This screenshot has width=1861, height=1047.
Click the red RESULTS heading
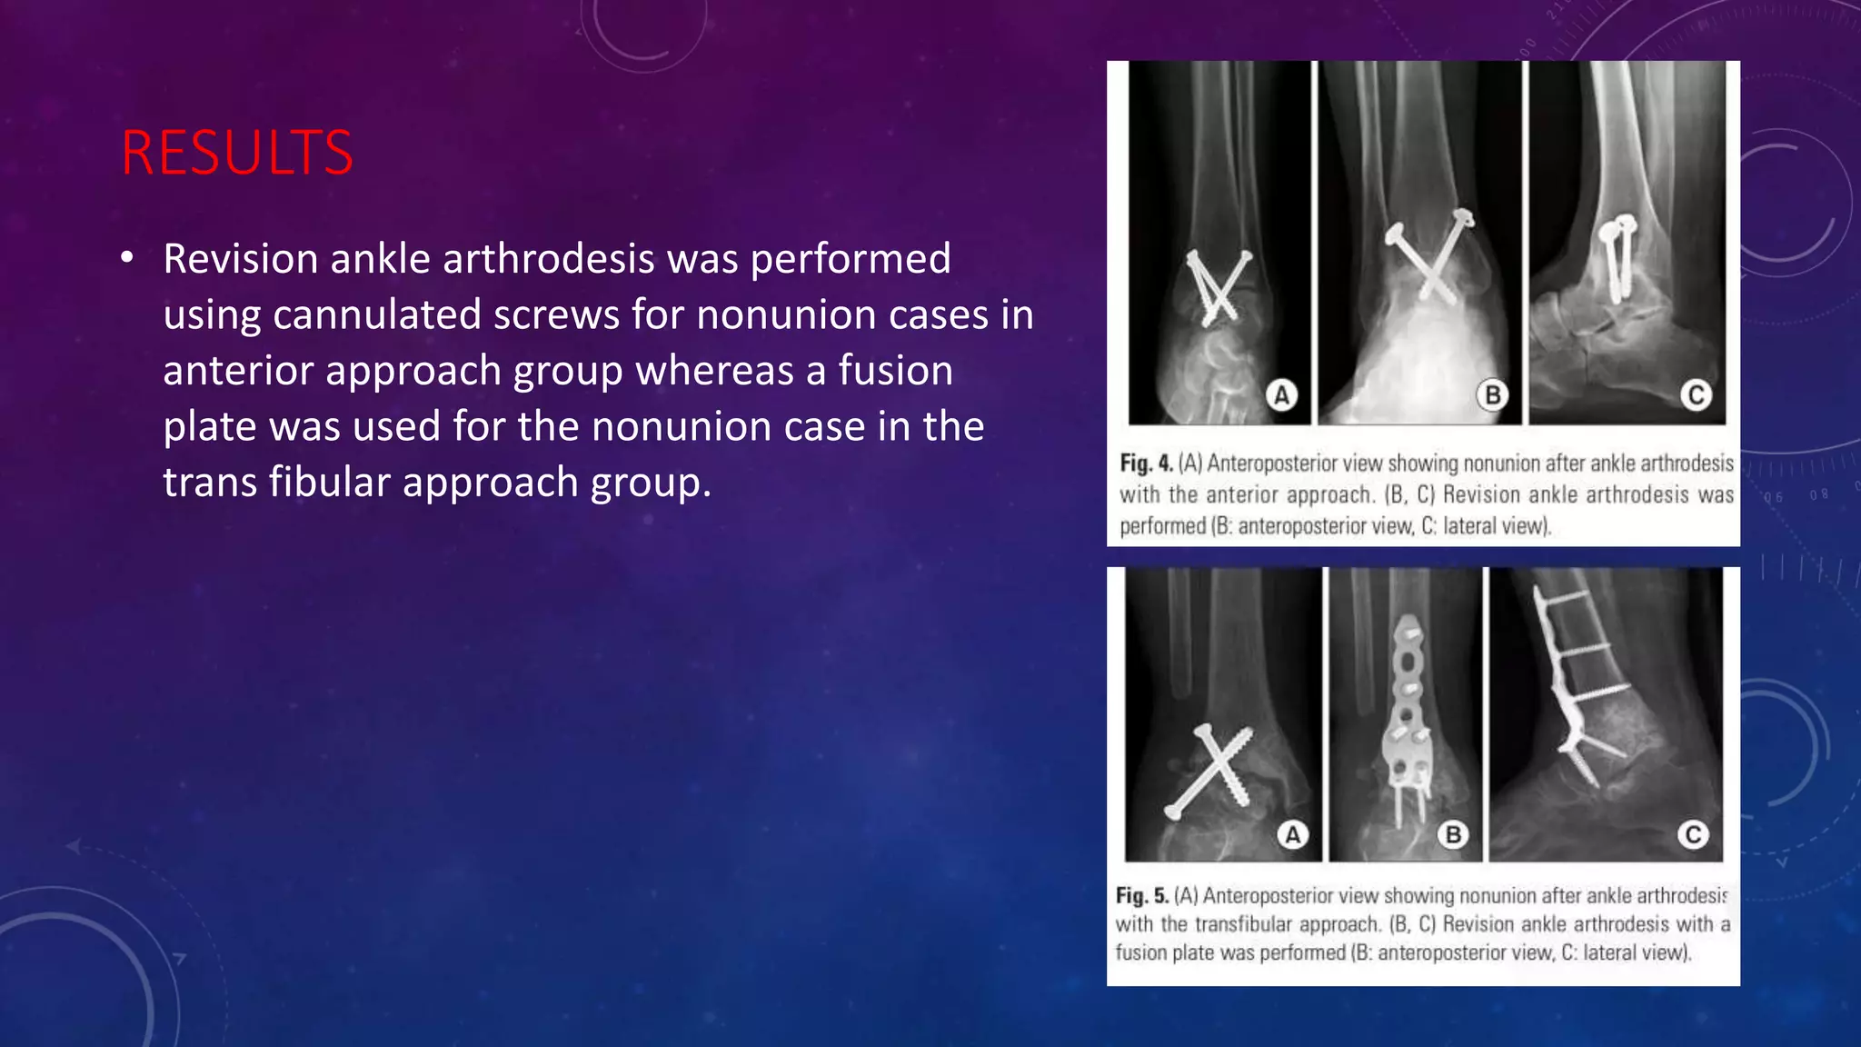coord(237,153)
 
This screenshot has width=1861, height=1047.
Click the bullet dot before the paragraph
coord(127,259)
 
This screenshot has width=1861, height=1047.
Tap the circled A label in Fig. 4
coord(1281,395)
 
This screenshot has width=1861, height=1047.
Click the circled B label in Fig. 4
coord(1492,395)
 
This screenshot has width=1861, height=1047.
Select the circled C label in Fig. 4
coord(1696,395)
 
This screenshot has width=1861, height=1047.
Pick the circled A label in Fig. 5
coord(1292,834)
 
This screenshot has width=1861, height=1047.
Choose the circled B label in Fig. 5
coord(1453,834)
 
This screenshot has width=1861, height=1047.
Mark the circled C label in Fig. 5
coord(1693,834)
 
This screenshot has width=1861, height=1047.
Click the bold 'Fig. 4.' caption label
coord(1146,464)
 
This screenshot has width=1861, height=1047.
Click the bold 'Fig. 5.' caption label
coord(1142,896)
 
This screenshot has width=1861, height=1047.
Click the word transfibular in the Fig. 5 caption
coord(1243,924)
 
